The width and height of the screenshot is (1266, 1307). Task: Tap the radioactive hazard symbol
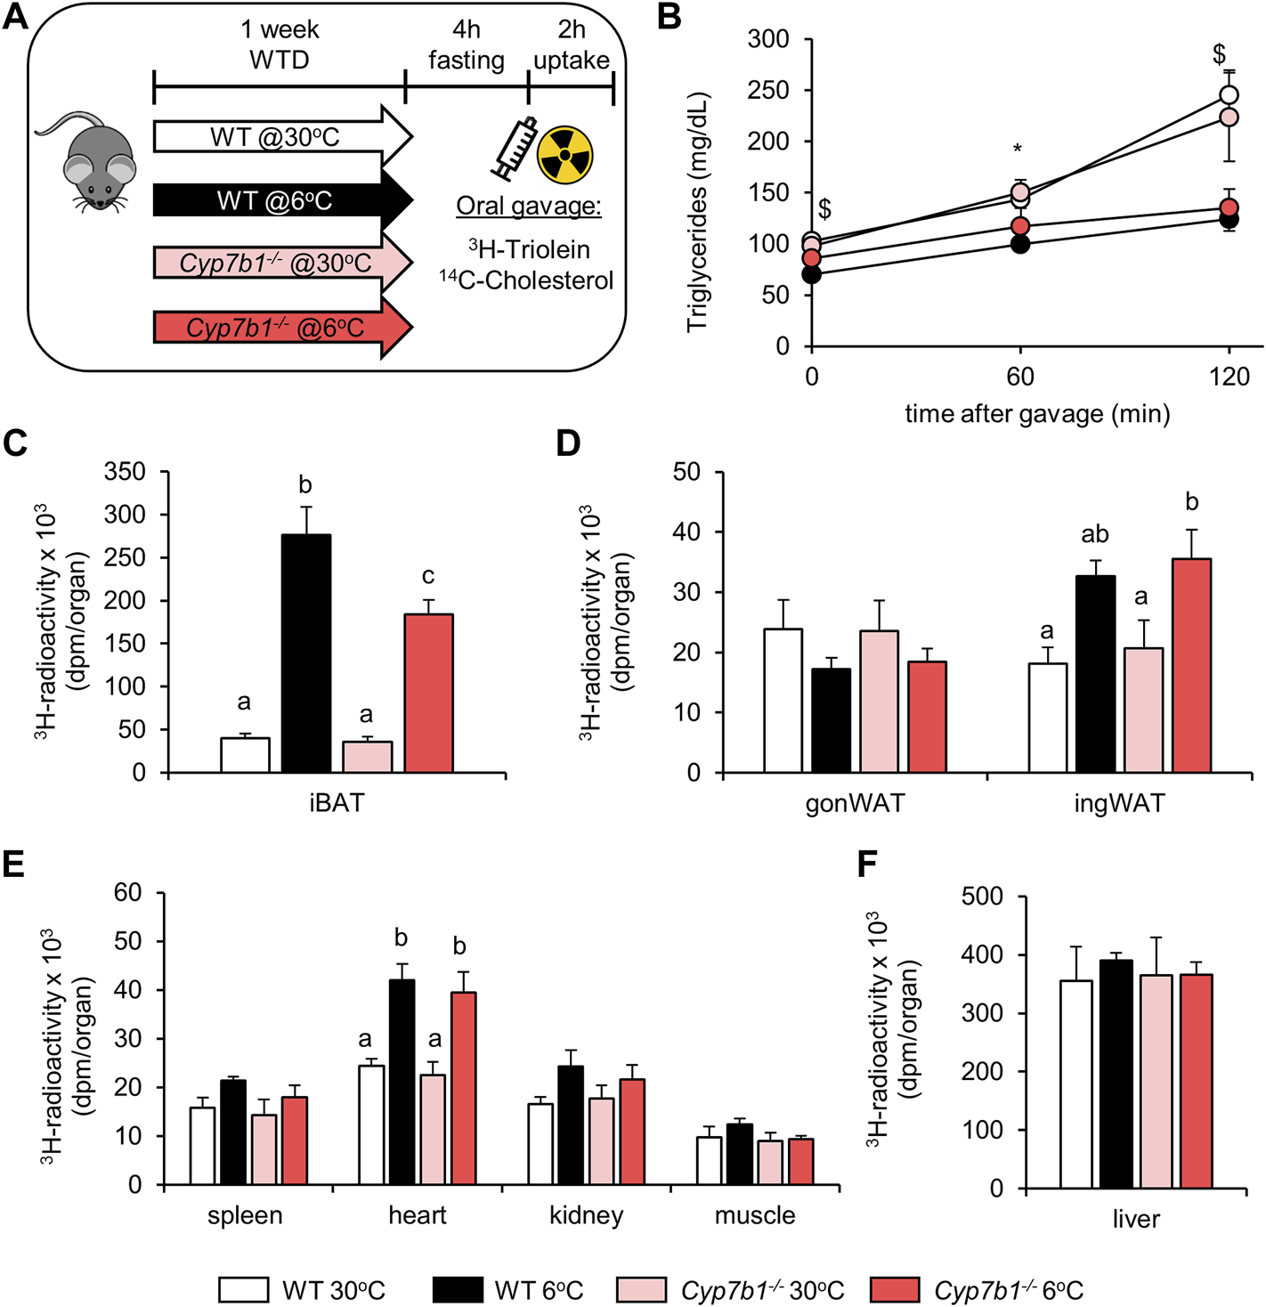[x=564, y=153]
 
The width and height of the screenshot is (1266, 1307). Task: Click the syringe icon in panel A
[x=514, y=148]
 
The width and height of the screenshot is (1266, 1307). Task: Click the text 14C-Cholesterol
[x=526, y=280]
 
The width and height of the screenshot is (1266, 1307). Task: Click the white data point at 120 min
[x=1229, y=95]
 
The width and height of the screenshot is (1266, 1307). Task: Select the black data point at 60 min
[x=1020, y=244]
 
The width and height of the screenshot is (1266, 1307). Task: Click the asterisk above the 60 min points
[x=1018, y=148]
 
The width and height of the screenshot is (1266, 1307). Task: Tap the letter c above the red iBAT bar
[x=428, y=576]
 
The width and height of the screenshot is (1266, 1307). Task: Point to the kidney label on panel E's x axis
[x=586, y=1215]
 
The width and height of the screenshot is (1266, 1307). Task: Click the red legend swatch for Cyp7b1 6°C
[x=894, y=1290]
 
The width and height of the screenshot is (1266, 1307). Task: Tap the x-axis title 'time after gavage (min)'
[x=1037, y=413]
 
